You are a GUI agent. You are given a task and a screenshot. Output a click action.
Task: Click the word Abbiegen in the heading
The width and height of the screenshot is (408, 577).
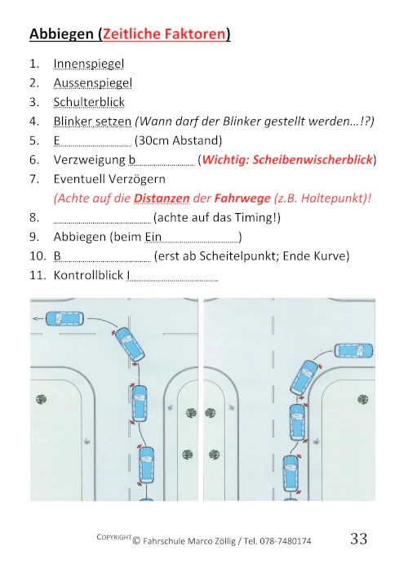[x=60, y=34]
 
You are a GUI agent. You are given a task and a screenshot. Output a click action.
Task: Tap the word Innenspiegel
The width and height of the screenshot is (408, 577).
[x=88, y=63]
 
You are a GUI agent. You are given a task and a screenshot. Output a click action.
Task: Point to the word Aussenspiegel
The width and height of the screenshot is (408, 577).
[x=92, y=82]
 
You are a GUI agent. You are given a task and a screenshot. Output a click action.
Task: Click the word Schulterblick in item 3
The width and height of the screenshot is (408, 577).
[x=89, y=102]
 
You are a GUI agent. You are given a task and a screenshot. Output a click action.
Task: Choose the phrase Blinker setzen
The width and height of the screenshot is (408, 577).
[x=92, y=121]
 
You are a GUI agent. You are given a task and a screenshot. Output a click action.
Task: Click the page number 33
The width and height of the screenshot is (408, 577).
[x=358, y=539]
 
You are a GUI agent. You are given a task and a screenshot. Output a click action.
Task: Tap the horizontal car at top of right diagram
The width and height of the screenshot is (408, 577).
[x=351, y=352]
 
